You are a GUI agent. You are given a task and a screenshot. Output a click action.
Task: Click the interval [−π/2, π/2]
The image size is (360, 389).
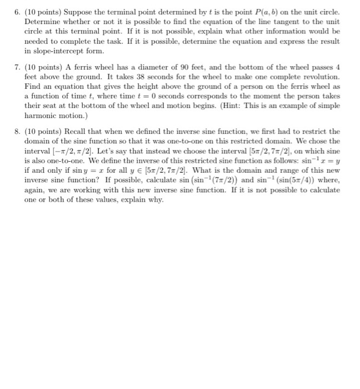coord(63,150)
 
